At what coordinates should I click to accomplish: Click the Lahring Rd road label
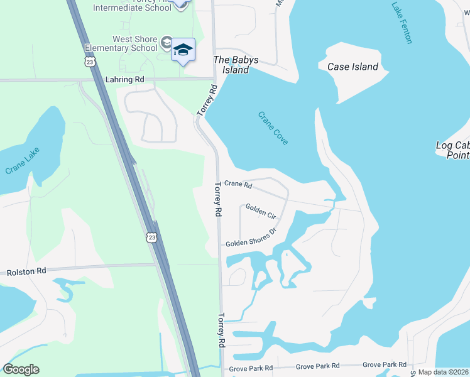point(124,80)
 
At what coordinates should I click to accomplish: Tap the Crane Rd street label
point(238,185)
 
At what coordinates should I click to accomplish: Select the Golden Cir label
point(260,211)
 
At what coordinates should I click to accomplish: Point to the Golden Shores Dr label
point(251,238)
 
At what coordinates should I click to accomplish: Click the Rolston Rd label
point(26,272)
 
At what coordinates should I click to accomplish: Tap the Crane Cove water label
point(273,128)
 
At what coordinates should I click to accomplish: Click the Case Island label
point(353,67)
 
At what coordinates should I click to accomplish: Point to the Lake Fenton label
point(402,23)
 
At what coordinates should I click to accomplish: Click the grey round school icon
point(167,42)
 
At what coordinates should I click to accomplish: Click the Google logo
point(21,369)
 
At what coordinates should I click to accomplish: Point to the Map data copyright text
point(444,372)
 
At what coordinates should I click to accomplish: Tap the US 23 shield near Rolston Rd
point(150,237)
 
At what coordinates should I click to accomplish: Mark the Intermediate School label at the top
point(131,7)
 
